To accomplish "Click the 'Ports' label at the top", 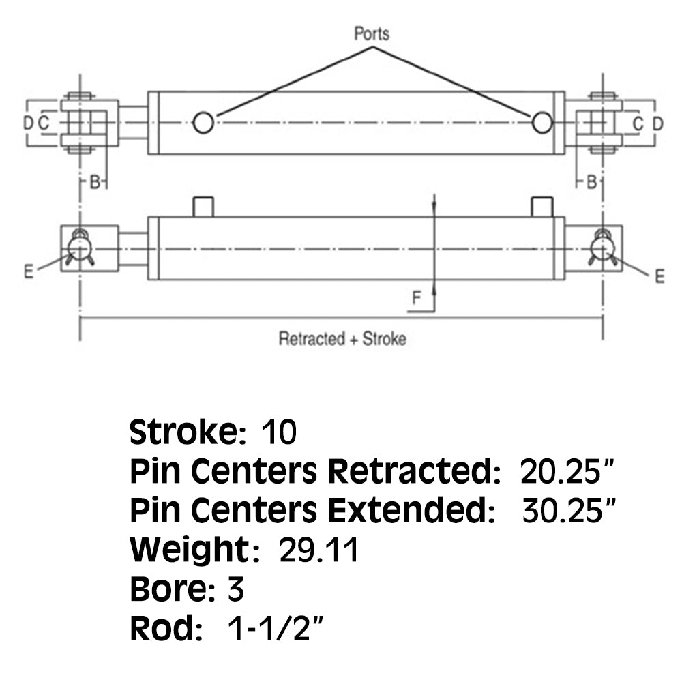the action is tap(372, 33).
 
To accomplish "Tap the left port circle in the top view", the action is tap(203, 123).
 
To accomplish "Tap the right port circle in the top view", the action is tap(542, 122).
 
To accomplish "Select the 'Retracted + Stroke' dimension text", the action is tap(342, 339).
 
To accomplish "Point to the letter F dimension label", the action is tap(416, 297).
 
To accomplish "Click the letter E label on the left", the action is tap(29, 271).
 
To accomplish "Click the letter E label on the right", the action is tap(659, 276).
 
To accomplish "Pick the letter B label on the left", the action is tap(94, 182).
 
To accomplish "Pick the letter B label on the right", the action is tap(591, 182).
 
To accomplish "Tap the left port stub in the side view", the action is tap(203, 207).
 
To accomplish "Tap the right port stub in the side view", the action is tap(542, 207).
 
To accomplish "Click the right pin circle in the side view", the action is tap(602, 249).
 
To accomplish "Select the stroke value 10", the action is tap(278, 432).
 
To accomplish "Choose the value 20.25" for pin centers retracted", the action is tap(566, 471).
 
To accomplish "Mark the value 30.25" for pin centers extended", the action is tap(569, 510).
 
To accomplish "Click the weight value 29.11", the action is tap(318, 550).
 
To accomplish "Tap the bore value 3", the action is tap(235, 589).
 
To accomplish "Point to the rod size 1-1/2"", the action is tap(276, 628).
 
